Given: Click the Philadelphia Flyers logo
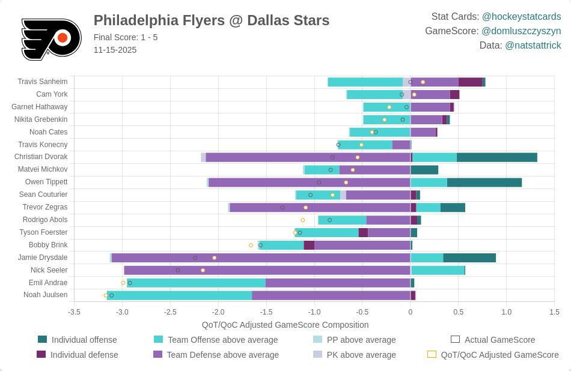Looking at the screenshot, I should pyautogui.click(x=50, y=38).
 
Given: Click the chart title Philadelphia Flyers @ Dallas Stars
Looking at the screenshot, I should pyautogui.click(x=212, y=20).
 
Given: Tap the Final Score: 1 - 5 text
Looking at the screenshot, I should pyautogui.click(x=126, y=37).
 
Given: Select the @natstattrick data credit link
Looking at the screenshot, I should pyautogui.click(x=533, y=46).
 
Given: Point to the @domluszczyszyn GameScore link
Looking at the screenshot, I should pyautogui.click(x=521, y=31).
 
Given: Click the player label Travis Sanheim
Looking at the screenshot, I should pyautogui.click(x=42, y=82).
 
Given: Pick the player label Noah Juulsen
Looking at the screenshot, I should pyautogui.click(x=45, y=295).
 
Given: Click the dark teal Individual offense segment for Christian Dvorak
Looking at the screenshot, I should pyautogui.click(x=496, y=157).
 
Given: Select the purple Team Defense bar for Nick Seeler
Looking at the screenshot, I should pyautogui.click(x=267, y=270).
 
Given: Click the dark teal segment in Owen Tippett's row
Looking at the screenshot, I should pyautogui.click(x=484, y=182).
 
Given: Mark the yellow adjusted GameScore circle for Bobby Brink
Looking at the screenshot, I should pyautogui.click(x=251, y=245).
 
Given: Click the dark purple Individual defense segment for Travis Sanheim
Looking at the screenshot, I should pyautogui.click(x=470, y=82).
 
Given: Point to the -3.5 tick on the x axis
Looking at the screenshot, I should pyautogui.click(x=74, y=312).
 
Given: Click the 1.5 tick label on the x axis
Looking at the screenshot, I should pyautogui.click(x=554, y=312).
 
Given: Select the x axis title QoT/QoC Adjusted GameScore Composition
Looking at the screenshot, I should pyautogui.click(x=285, y=325).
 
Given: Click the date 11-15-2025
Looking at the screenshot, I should pyautogui.click(x=115, y=50).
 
